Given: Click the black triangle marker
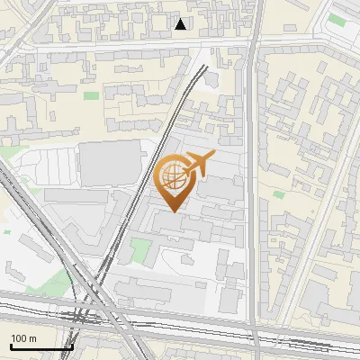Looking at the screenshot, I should (181, 24).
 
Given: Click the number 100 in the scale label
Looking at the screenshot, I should (19, 338).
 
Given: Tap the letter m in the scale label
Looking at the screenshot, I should (33, 338).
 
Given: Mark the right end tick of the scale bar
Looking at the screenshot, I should (72, 345).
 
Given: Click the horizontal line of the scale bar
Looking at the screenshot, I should (40, 347).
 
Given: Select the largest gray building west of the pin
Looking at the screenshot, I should (112, 163).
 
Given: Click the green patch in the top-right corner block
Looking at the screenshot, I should (337, 19).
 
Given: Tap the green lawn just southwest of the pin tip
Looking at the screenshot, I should (139, 249).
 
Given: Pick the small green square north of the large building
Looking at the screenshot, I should (91, 95).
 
